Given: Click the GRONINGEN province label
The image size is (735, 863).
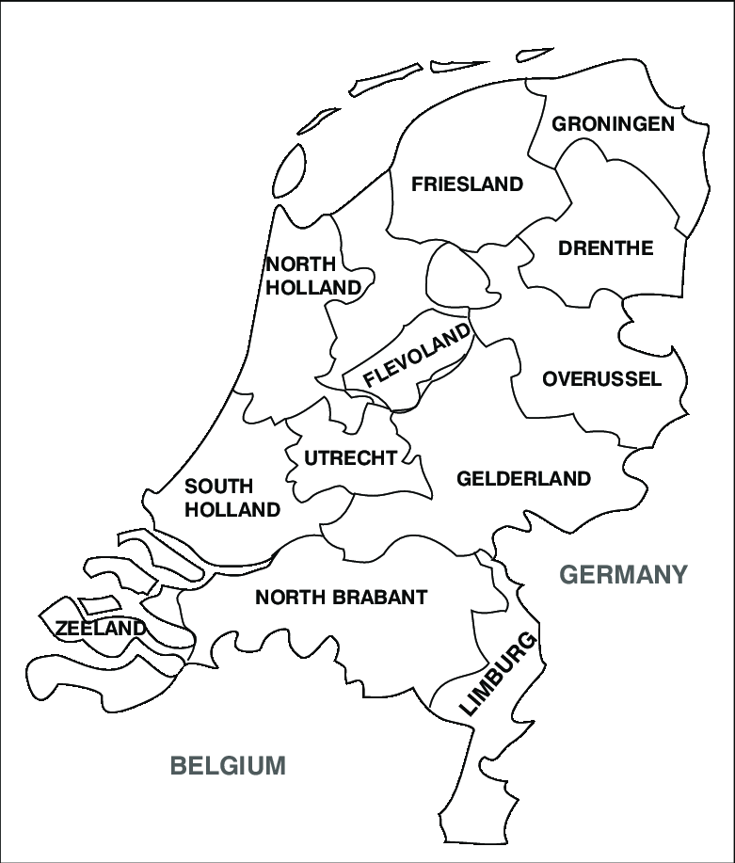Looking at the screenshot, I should tap(613, 124).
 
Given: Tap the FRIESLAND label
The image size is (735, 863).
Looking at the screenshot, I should tap(467, 184).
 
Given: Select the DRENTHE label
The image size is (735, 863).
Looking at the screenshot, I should tap(605, 248).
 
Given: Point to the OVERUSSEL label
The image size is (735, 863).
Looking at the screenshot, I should tap(602, 379).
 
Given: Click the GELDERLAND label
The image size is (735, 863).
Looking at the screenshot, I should tap(523, 479).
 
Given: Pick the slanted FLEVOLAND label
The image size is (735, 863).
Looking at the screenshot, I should tap(417, 356).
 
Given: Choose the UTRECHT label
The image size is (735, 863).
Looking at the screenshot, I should tap(350, 458).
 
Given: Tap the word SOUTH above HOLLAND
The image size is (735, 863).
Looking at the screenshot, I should tap(218, 487).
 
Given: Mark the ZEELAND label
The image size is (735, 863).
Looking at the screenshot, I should tap(101, 629).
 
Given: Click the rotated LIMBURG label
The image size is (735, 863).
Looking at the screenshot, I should tap(498, 675).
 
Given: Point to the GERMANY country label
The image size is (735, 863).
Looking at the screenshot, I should tap(624, 574).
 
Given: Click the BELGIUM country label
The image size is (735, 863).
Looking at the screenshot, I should tap(227, 765).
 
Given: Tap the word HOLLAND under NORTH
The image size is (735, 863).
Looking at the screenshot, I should tap(313, 288).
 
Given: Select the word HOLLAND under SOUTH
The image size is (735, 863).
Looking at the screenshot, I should tap(232, 510).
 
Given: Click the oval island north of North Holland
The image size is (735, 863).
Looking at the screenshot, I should tap(290, 168).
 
